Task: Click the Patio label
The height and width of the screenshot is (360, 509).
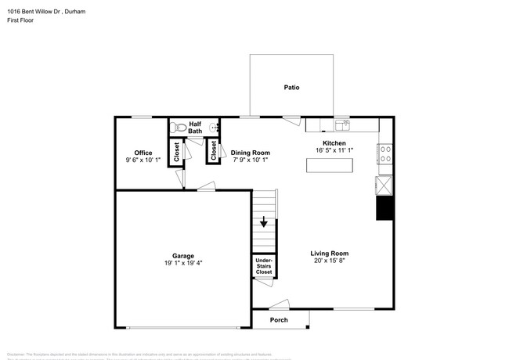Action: (291, 88)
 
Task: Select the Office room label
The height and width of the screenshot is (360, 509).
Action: (143, 153)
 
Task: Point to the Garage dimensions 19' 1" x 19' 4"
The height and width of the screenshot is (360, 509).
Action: (183, 264)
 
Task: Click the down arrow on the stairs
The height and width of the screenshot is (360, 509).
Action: (264, 221)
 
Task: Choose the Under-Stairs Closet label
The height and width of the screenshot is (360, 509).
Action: (264, 266)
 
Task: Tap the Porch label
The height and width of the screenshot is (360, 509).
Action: (279, 320)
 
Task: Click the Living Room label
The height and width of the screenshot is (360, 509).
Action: (329, 253)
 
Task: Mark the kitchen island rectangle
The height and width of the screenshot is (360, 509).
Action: (330, 166)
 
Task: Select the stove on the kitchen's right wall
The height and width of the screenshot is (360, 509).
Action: (384, 153)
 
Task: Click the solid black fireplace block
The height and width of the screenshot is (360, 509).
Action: (384, 208)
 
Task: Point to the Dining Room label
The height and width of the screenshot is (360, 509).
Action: (251, 153)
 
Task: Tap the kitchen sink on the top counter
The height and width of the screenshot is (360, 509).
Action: (342, 124)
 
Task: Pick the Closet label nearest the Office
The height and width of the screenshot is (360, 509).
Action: (177, 151)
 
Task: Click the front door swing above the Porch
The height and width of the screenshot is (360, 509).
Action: (279, 305)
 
